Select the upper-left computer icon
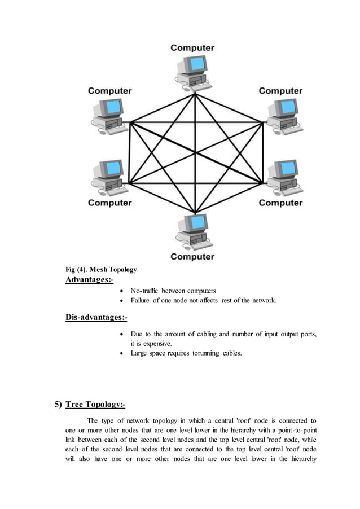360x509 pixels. pos(109,116)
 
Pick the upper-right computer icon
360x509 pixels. pos(280,116)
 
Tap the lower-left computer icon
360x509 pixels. pos(109,177)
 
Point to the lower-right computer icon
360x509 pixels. pos(280,177)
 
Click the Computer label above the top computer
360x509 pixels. pos(192,48)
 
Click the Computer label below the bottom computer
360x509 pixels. pos(192,257)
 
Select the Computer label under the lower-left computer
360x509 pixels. pos(109,203)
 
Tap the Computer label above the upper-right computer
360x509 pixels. pos(280,91)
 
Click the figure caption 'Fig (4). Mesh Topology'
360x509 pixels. pos(101,269)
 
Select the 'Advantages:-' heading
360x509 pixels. pos(90,280)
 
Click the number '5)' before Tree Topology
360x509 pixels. pos(58,404)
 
